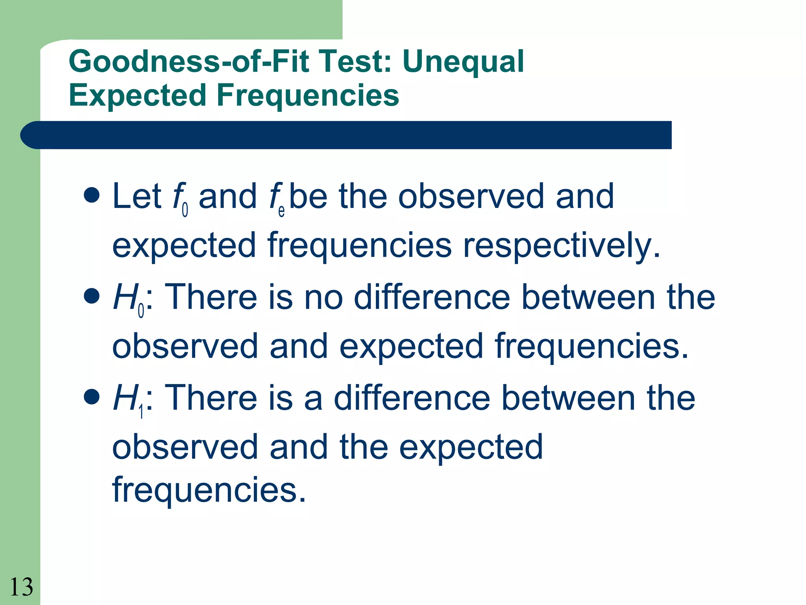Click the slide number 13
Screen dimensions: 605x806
point(21,587)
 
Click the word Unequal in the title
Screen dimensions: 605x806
point(463,62)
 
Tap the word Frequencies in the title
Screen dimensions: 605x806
point(308,95)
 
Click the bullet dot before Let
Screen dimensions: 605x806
point(92,195)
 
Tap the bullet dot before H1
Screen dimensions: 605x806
point(92,397)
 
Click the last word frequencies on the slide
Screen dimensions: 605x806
point(209,490)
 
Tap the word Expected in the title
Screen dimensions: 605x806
point(137,95)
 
